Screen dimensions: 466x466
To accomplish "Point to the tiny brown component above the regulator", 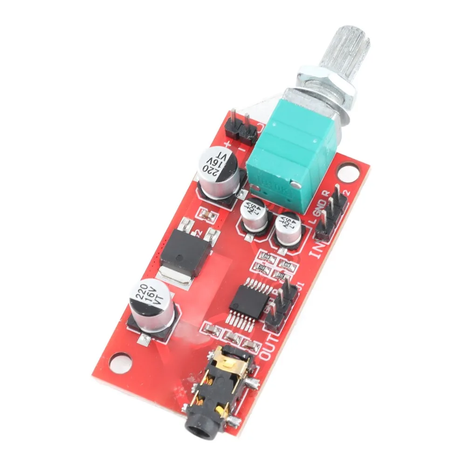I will point(205,215).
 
